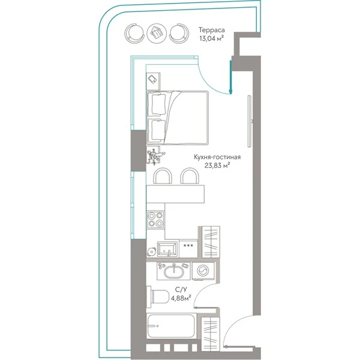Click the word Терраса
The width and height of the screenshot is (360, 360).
(x=211, y=30)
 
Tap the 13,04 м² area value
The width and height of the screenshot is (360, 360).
(x=211, y=38)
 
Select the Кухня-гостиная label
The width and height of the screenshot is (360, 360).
(x=217, y=157)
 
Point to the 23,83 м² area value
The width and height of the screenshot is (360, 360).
(x=217, y=166)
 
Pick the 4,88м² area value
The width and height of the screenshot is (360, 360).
(x=181, y=298)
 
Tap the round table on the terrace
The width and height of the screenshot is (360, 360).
(x=157, y=33)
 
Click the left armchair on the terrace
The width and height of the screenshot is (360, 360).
(x=134, y=33)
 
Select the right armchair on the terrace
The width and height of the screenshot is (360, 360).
(x=179, y=33)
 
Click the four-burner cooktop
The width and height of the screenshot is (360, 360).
(x=155, y=220)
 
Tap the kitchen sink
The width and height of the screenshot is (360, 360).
(x=167, y=249)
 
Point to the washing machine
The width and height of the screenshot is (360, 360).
(x=203, y=271)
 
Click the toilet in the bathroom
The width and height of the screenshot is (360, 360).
(x=157, y=296)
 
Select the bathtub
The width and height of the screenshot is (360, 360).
(x=171, y=326)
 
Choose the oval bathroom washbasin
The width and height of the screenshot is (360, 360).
(x=174, y=272)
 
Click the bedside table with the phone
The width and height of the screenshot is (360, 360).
(x=153, y=81)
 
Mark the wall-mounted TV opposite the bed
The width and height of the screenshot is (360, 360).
(x=250, y=121)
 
